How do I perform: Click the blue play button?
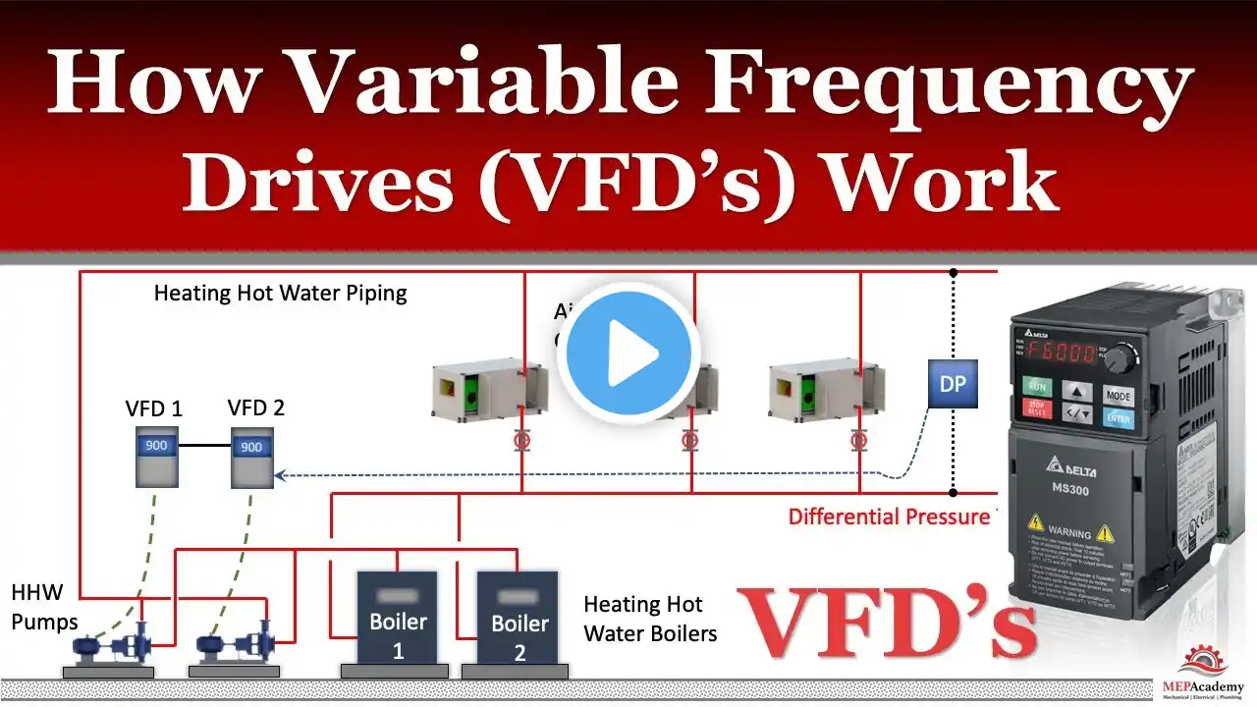628,352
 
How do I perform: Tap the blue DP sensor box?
953,384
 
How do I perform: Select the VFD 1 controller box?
155,457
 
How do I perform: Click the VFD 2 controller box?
251,457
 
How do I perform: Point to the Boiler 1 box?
398,622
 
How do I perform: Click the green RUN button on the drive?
1038,387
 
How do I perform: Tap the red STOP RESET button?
1037,409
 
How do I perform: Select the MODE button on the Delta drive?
1118,396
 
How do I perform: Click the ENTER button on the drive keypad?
1118,419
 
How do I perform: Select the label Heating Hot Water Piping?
280,293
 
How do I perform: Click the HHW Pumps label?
44,607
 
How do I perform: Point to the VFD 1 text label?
154,408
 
